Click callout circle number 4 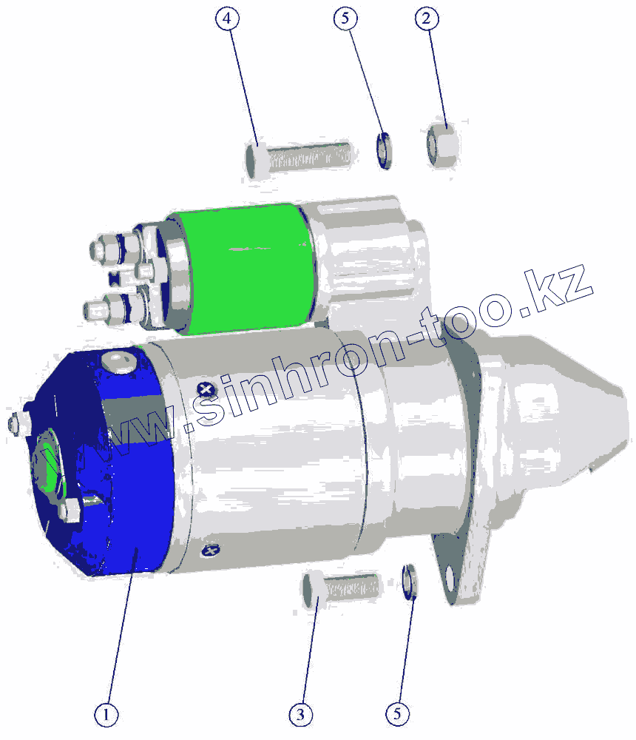click(227, 18)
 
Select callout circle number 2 click(427, 18)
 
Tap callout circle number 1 click(106, 715)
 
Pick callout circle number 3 click(300, 715)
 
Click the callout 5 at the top click(345, 18)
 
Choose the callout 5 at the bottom click(397, 713)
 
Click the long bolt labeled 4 click(298, 157)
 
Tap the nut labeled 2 click(442, 144)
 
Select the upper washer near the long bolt click(385, 150)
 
